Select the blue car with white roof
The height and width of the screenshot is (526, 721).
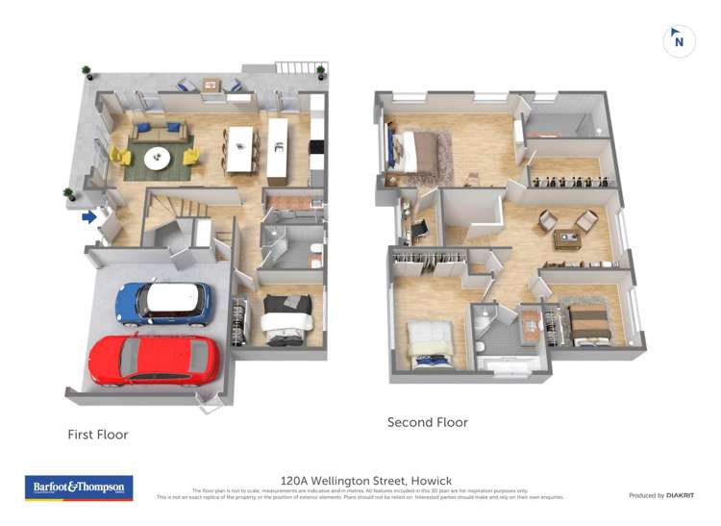coord(163,302)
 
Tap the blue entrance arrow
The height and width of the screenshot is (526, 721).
coord(88,217)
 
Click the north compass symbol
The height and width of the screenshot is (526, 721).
coord(679,41)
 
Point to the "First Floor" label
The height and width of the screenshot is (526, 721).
coord(97,435)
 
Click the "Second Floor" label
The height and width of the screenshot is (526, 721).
coord(427,422)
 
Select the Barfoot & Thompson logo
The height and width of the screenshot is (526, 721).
coord(79,488)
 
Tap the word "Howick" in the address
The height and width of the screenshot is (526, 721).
coord(431,480)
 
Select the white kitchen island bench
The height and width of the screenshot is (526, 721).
coord(278,148)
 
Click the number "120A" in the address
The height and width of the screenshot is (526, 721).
coord(296,480)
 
